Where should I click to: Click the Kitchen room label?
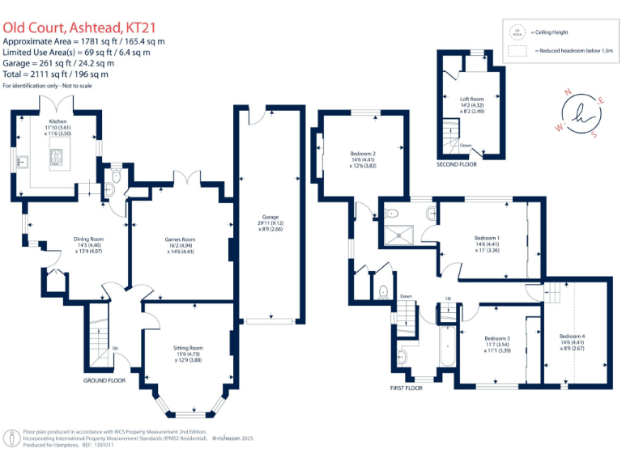[57, 121]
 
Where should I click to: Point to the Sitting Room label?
[188, 348]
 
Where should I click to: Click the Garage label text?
[270, 218]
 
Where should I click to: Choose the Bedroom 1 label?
[487, 238]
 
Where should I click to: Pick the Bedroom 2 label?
[363, 154]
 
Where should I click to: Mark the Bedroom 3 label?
[496, 338]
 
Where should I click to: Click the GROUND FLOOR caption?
[105, 379]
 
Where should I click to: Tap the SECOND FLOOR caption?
[457, 164]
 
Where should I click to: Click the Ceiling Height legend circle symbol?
[516, 32]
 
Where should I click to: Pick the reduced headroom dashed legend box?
[516, 51]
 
